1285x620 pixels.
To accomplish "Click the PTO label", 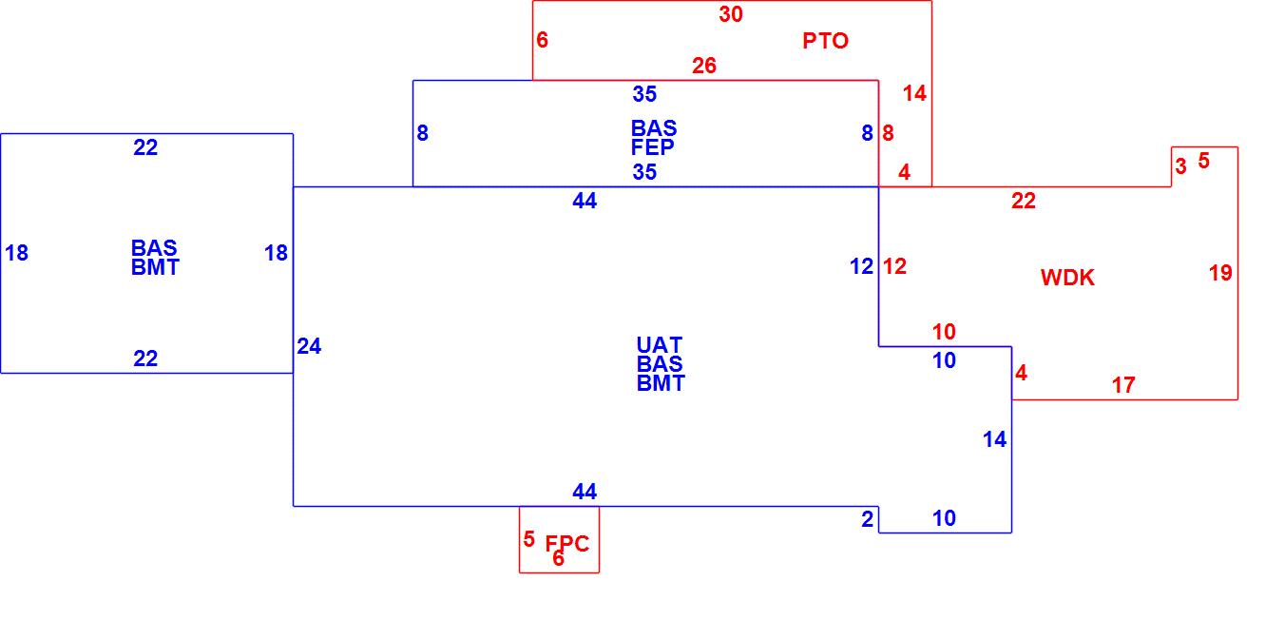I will (825, 41).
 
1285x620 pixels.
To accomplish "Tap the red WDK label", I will (1067, 278).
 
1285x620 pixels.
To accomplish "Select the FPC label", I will (567, 544).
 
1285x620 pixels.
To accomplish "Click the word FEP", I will (653, 147).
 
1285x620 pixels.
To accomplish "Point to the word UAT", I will (660, 344).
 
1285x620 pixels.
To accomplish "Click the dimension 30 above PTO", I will (731, 14).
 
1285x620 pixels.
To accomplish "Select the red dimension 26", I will (704, 66).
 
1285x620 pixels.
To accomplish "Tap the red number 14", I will (914, 93).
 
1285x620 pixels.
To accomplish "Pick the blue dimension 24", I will (309, 347).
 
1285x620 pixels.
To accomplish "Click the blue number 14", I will (994, 439).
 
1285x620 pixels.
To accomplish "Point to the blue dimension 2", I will (867, 518).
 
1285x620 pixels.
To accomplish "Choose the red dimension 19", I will (1220, 273).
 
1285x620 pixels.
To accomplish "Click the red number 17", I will (1123, 385).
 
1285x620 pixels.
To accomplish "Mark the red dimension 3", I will (1180, 166).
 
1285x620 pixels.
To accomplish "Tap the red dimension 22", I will (1024, 201).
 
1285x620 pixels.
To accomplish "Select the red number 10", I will (944, 332).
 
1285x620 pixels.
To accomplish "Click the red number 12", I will (894, 266).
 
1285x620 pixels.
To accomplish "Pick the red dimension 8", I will (888, 133).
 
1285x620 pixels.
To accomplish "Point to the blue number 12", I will (862, 266).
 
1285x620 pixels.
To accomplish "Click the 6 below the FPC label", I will (558, 559).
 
